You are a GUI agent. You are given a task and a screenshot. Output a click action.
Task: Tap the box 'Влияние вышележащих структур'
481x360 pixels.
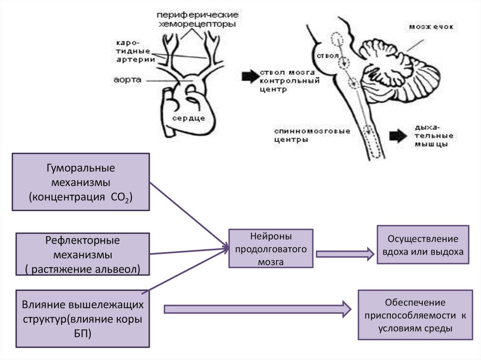click(83, 319)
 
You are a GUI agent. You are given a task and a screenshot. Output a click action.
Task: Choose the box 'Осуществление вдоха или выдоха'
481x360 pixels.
click(423, 244)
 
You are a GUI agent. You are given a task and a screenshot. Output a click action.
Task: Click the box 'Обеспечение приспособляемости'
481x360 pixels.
click(415, 315)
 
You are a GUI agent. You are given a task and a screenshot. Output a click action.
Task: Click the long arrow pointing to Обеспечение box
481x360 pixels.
click(257, 309)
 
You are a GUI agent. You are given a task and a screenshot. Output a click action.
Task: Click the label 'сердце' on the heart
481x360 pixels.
click(188, 118)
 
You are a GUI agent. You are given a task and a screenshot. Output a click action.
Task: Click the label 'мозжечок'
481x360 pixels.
click(431, 27)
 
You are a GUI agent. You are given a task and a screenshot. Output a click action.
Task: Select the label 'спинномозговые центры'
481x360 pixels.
click(312, 135)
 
